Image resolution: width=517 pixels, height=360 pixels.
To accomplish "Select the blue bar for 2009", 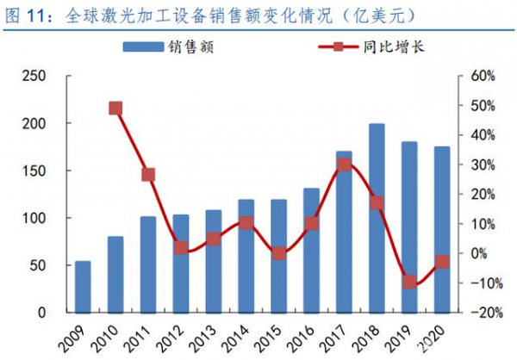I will point(83,287).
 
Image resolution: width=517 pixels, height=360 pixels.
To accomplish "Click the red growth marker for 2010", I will point(115,108).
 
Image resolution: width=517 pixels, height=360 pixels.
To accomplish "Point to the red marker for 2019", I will point(409,282).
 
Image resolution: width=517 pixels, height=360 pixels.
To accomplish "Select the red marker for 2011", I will point(148,175).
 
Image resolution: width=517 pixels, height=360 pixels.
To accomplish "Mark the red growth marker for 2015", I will point(278,253).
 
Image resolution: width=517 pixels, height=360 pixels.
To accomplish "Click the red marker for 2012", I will point(181,247).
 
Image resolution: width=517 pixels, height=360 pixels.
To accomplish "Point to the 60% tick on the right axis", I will point(480,77).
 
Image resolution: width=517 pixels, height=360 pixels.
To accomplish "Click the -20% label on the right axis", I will point(478,313).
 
